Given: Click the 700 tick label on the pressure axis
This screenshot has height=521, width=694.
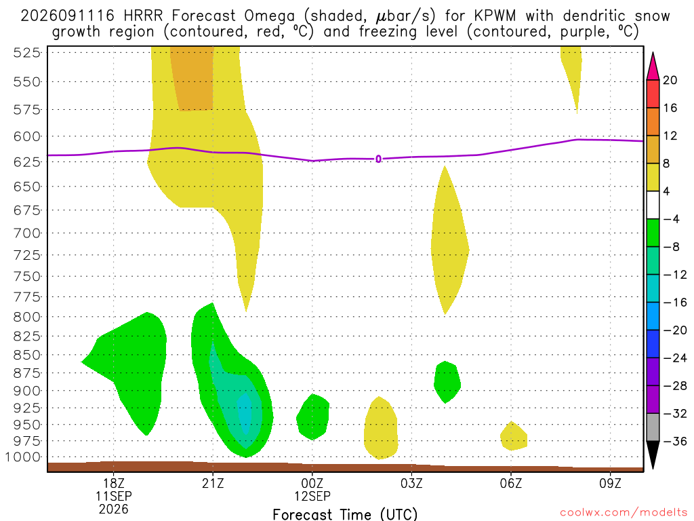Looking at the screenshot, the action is click(26, 233).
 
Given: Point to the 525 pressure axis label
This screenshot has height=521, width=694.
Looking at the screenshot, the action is click(26, 53).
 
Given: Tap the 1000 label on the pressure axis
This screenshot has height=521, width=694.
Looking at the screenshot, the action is click(23, 457).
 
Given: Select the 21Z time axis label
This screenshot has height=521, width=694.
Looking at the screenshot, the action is click(213, 483).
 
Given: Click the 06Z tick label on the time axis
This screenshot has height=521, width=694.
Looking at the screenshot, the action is click(511, 483).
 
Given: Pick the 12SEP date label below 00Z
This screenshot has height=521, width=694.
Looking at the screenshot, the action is click(312, 496).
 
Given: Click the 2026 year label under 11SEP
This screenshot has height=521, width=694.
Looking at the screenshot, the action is click(113, 509).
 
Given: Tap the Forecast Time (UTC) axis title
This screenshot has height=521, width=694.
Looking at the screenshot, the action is click(345, 514).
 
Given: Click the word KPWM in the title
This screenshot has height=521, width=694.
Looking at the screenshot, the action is click(495, 16).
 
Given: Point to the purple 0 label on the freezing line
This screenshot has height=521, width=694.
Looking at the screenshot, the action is click(378, 159).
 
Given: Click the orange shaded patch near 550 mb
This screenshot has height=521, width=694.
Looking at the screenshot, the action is click(192, 77).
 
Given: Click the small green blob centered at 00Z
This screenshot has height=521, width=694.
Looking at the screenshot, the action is click(313, 417).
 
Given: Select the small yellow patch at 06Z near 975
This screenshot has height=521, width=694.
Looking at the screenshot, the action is click(514, 436).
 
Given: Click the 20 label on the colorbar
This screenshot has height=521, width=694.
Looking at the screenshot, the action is click(670, 80).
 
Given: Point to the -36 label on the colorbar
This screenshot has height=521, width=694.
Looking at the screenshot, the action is click(675, 441).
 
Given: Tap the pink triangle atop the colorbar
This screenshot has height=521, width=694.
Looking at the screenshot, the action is click(653, 66).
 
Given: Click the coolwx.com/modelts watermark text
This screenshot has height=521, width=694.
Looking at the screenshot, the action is click(624, 513).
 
